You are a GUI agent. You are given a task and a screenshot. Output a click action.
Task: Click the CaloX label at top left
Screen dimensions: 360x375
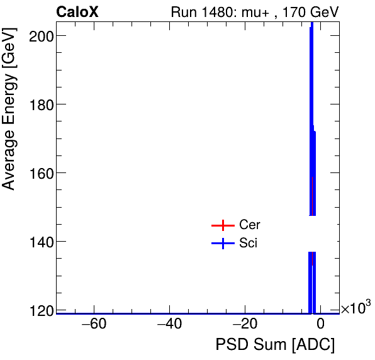click(77, 12)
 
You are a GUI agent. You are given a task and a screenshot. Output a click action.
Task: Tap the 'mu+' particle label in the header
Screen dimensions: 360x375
click(248, 12)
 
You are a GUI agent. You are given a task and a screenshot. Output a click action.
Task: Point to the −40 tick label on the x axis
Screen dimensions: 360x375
click(169, 325)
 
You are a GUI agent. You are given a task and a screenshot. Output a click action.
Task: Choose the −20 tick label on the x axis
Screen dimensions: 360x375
click(245, 325)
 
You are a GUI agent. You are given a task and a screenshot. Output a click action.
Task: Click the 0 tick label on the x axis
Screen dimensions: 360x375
click(320, 325)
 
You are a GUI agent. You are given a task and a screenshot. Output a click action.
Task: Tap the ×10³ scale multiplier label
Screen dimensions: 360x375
click(355, 308)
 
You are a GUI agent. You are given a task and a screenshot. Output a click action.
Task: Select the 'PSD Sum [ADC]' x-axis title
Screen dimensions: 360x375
click(276, 345)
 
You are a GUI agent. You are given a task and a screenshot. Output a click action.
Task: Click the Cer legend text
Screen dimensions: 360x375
click(250, 225)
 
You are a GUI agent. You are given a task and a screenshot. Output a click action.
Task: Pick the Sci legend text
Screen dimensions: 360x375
click(249, 244)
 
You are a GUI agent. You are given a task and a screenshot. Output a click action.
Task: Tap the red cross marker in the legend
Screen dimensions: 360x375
click(223, 225)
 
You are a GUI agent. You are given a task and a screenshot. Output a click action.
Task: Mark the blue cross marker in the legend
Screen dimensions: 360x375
click(223, 244)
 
